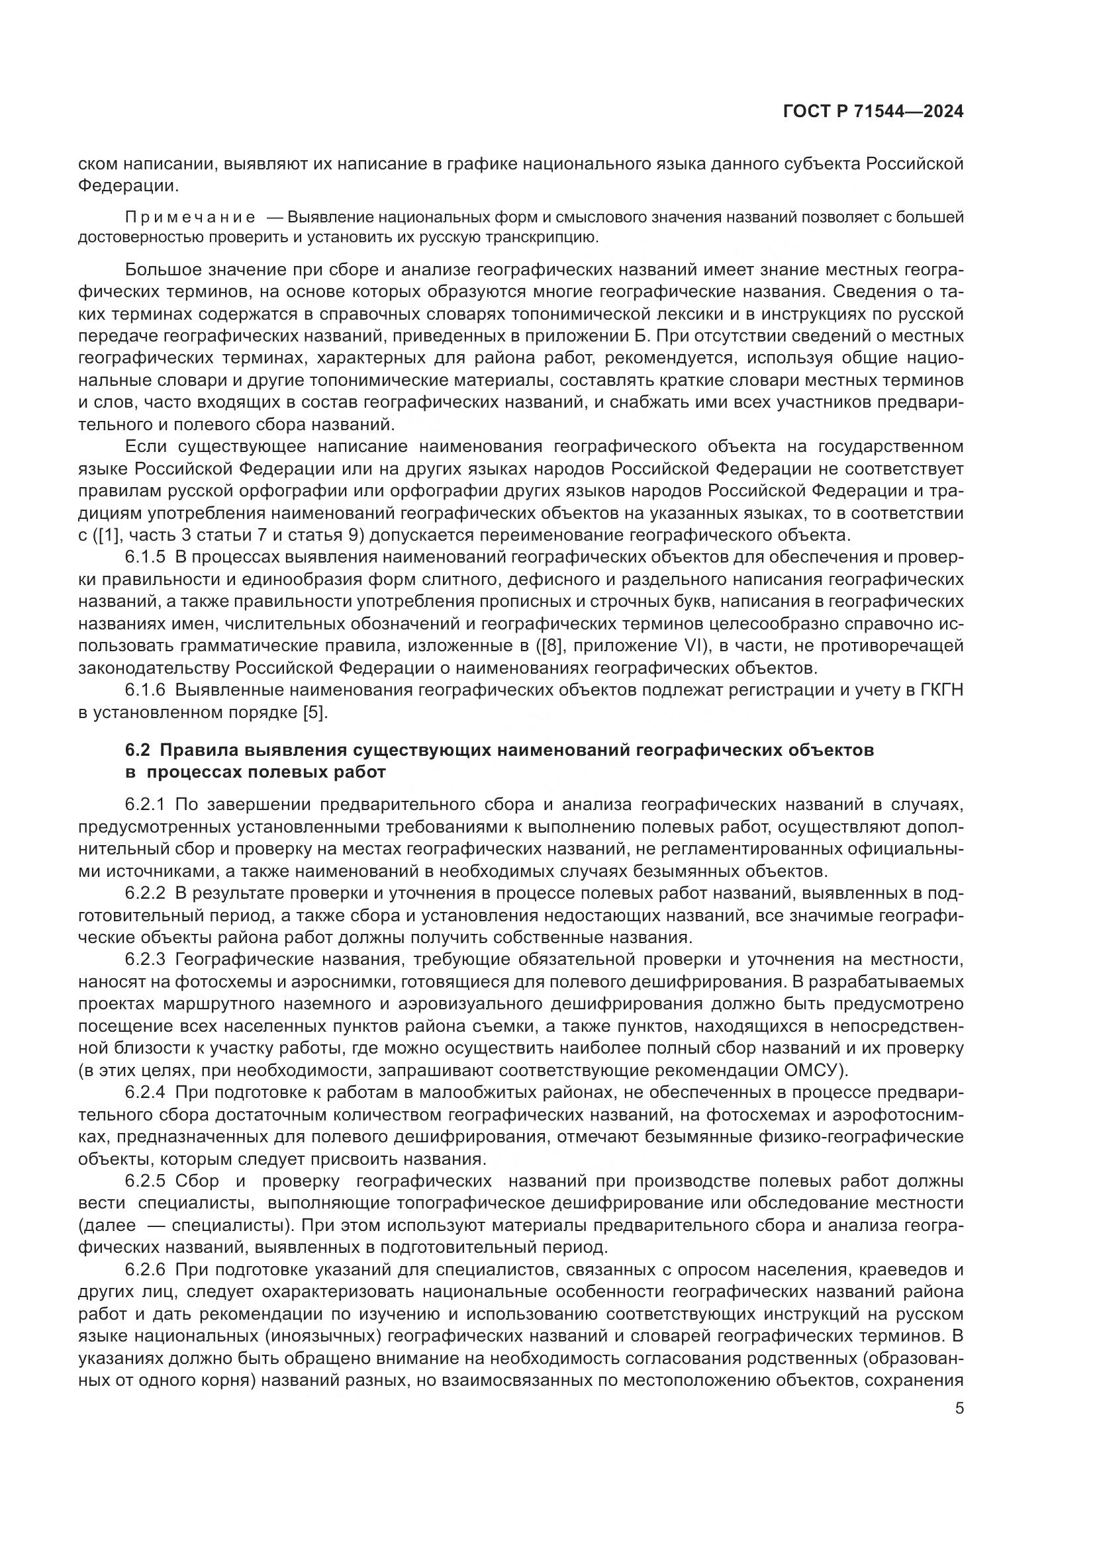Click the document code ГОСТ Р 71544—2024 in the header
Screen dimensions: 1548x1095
[873, 112]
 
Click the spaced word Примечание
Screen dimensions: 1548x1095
[190, 217]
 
